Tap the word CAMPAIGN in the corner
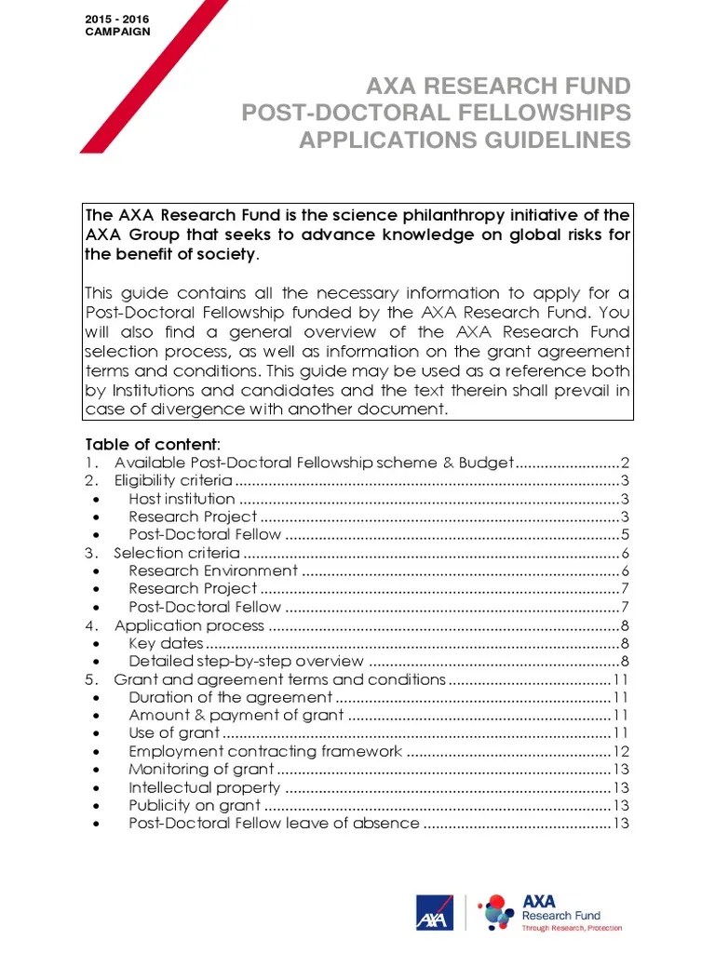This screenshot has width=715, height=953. (x=116, y=32)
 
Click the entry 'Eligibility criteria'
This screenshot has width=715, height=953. (x=173, y=481)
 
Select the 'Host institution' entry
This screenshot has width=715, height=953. (x=182, y=499)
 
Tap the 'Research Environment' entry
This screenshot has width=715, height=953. (x=213, y=570)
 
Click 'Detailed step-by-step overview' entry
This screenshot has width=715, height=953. (x=247, y=662)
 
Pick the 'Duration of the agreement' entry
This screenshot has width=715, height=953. (x=230, y=697)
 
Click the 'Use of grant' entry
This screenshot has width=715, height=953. (x=174, y=733)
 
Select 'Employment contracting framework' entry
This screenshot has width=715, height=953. (x=265, y=751)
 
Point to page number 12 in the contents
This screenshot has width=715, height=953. (x=622, y=751)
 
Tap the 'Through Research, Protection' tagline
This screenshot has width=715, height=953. (x=572, y=928)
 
